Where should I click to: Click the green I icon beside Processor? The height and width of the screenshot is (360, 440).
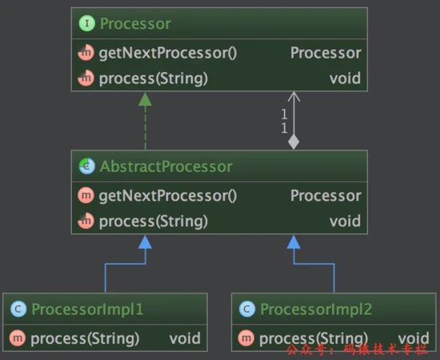(86, 23)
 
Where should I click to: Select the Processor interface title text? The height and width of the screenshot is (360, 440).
(135, 23)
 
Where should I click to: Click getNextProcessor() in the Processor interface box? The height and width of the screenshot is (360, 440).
(168, 53)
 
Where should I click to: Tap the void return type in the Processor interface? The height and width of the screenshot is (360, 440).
(345, 78)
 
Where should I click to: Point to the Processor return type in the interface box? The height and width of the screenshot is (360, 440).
(326, 53)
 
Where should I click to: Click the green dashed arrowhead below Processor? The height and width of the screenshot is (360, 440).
(145, 99)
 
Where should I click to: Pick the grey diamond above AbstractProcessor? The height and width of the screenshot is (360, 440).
(294, 142)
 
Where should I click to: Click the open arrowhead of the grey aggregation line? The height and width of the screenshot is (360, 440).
(294, 96)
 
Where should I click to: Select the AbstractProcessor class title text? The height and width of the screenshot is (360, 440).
(166, 166)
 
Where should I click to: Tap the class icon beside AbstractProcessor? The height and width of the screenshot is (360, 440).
(86, 166)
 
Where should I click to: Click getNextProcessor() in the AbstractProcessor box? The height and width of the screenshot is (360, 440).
(168, 195)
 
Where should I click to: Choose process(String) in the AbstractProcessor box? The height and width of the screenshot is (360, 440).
(154, 221)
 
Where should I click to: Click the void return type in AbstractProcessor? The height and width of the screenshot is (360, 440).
(345, 221)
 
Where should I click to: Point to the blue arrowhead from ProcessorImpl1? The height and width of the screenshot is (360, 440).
(145, 242)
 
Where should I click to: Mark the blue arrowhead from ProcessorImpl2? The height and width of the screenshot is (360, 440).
(294, 242)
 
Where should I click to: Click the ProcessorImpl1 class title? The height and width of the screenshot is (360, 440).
(87, 310)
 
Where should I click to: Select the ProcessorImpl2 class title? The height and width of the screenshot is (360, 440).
(316, 310)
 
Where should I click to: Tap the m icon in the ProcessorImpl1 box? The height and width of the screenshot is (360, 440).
(18, 338)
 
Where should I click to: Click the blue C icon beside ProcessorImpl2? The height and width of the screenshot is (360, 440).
(247, 309)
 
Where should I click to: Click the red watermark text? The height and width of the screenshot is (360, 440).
(358, 350)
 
